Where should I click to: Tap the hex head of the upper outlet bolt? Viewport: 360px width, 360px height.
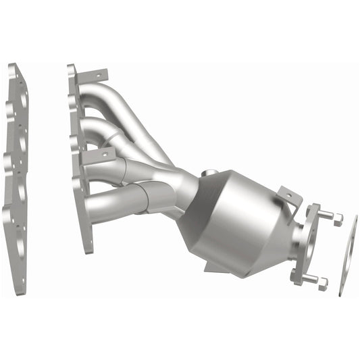(x=336, y=219)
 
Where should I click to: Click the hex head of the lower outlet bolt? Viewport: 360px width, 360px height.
(x=322, y=283)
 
